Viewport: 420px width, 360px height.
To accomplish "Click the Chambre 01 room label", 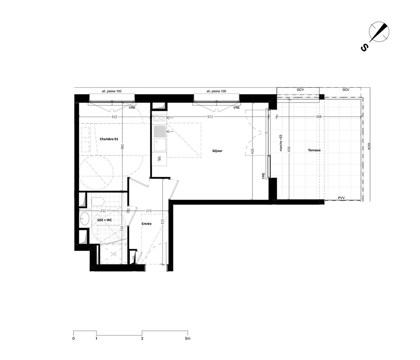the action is click(x=109, y=139).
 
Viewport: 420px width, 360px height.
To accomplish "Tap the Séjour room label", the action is click(x=217, y=151).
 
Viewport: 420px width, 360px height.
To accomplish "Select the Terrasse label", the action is click(x=314, y=150).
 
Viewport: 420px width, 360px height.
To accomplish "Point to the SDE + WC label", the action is click(x=105, y=220).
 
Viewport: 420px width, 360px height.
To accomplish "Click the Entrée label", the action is click(x=147, y=223).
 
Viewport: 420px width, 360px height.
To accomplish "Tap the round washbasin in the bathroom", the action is click(x=85, y=219).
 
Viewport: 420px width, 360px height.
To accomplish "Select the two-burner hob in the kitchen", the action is click(x=159, y=118).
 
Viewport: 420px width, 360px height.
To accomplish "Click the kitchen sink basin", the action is click(x=160, y=145).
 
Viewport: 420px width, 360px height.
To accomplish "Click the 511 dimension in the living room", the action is click(x=210, y=116).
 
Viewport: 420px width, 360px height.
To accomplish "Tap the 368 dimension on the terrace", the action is click(x=318, y=116).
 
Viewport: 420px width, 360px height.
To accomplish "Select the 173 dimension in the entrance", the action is click(x=149, y=211).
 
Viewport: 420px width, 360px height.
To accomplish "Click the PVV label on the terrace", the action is click(x=341, y=198).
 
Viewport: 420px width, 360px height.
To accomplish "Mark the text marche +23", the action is click(x=281, y=143).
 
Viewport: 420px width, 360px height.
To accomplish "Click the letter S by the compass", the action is click(x=364, y=48).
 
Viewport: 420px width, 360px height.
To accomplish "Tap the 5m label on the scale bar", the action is click(x=187, y=338).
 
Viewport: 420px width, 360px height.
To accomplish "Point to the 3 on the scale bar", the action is click(x=142, y=338).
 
